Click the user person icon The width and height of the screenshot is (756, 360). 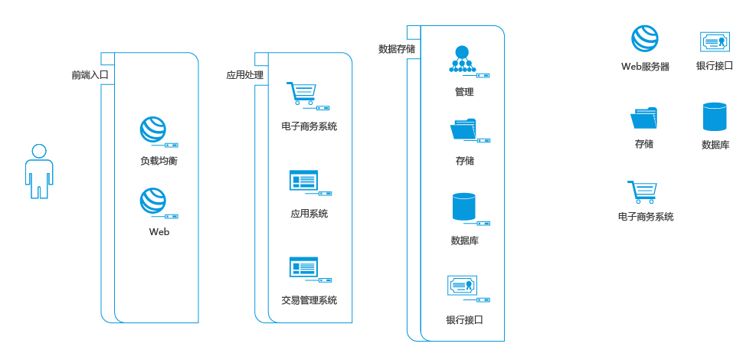click(x=39, y=171)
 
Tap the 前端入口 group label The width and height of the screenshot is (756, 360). click(x=90, y=75)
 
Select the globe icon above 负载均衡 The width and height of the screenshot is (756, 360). click(x=153, y=129)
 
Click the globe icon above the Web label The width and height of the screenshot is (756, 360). click(x=153, y=201)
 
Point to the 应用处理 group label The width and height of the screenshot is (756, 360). click(x=244, y=75)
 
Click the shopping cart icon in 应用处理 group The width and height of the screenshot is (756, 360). click(x=300, y=93)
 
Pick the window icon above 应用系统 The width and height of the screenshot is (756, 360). click(x=303, y=181)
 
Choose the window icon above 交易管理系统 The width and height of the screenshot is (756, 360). click(x=303, y=267)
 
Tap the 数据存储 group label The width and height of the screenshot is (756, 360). click(x=397, y=49)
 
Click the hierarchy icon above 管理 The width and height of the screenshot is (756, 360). click(x=461, y=60)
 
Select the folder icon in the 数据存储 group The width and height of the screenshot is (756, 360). click(x=463, y=129)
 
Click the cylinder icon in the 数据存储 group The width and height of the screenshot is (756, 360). click(x=463, y=207)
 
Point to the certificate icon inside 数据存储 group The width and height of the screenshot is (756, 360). click(x=462, y=285)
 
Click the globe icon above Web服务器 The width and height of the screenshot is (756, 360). click(x=644, y=38)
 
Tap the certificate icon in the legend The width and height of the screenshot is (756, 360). click(x=715, y=41)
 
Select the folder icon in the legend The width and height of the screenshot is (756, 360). click(x=643, y=118)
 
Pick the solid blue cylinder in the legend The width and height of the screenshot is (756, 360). click(x=715, y=116)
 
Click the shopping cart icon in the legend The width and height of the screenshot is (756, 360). click(x=643, y=191)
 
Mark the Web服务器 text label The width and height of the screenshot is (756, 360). click(x=645, y=67)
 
